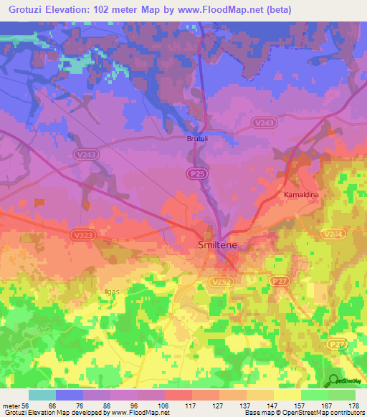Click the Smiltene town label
(x=218, y=245)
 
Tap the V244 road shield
(x=333, y=234)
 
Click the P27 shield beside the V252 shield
(x=280, y=283)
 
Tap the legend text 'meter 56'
(x=15, y=405)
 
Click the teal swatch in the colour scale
(x=42, y=395)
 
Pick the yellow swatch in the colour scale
(x=287, y=395)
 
